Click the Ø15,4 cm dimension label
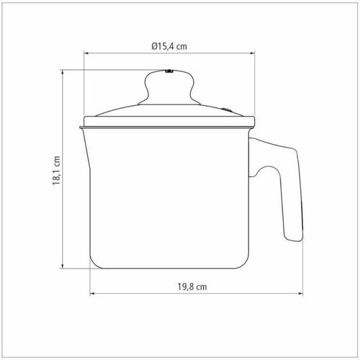click(169, 46)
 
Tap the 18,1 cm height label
click(56, 171)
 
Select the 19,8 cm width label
click(192, 287)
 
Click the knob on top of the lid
click(169, 88)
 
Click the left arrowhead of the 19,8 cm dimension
click(92, 293)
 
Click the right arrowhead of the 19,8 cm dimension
click(300, 293)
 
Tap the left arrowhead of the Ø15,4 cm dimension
click(86, 53)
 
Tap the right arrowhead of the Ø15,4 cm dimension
click(252, 53)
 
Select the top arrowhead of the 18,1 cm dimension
click(63, 73)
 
